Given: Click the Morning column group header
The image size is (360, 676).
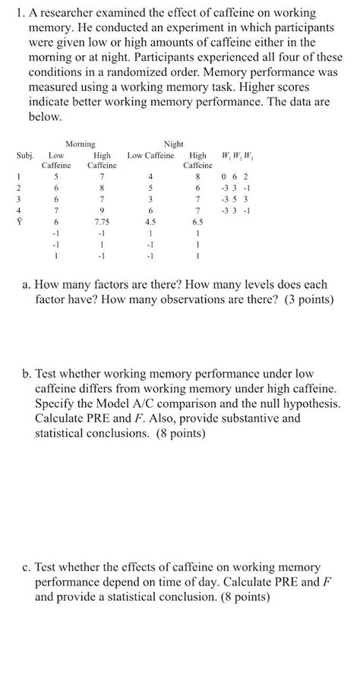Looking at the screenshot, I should coord(80,144).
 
